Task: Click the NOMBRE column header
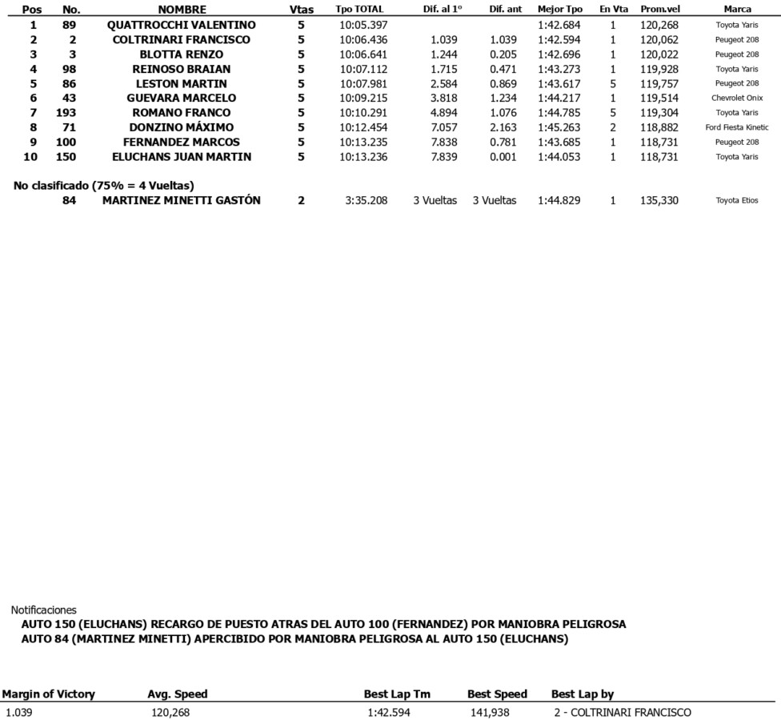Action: tap(182, 10)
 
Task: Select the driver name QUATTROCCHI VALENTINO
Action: tap(182, 25)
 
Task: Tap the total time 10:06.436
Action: tap(363, 40)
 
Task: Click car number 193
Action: tap(66, 113)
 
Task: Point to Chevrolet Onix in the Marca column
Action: tap(737, 99)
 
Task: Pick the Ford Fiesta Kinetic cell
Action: tap(737, 128)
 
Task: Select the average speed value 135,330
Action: tap(659, 201)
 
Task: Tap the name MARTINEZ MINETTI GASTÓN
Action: tap(182, 200)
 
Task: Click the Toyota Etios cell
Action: tap(737, 201)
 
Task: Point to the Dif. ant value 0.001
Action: tap(503, 157)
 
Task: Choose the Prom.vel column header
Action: tap(660, 10)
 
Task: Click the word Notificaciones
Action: tap(44, 609)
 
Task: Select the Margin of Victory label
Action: tap(49, 694)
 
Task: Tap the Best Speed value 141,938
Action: tap(487, 713)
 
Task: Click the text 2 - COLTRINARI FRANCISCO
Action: tap(622, 713)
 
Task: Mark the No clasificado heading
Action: tap(104, 186)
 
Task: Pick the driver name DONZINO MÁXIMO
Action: tap(182, 127)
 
